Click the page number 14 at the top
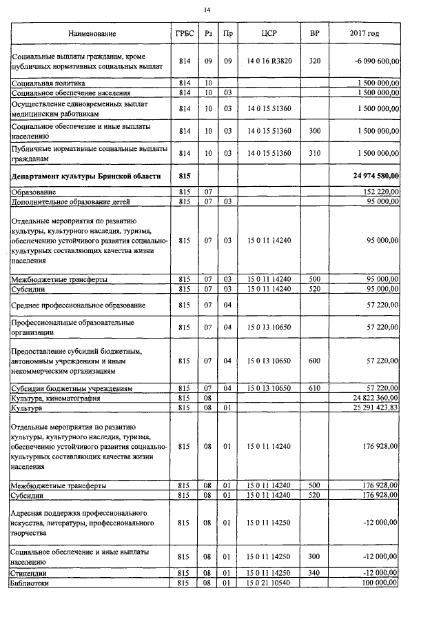coord(207,9)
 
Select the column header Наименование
coord(92,33)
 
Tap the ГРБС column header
coord(184,33)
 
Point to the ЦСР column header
coord(269,33)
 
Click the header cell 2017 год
coord(365,33)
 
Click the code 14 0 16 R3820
coord(269,61)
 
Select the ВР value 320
coord(314,61)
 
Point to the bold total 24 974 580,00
coord(376,177)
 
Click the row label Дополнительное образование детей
coord(71,201)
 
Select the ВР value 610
coord(314,389)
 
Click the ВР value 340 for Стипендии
coord(314,573)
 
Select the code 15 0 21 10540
coord(269,583)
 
